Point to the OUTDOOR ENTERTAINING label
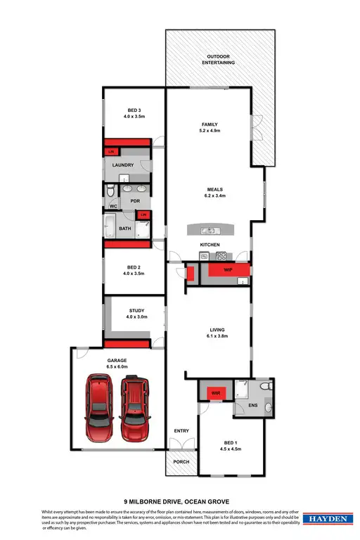[219, 59]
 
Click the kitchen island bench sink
[208, 230]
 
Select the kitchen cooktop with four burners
[221, 256]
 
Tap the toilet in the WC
[111, 191]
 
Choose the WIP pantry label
[228, 269]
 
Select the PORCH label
[181, 461]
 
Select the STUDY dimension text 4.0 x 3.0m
[137, 317]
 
